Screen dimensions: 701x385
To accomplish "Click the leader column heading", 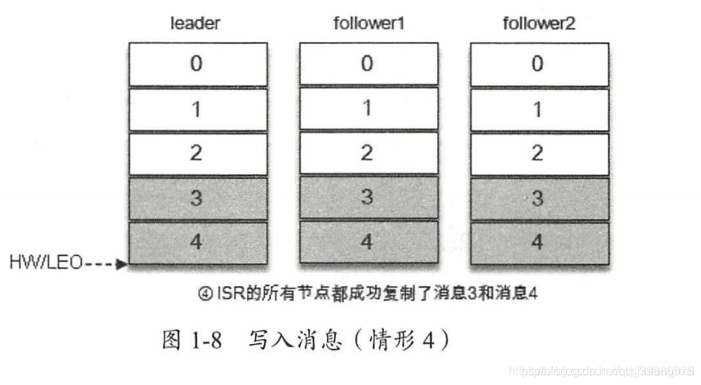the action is point(195,24).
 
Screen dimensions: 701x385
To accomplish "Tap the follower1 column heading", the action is point(367,24).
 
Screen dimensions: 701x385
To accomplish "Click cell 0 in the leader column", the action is point(196,64).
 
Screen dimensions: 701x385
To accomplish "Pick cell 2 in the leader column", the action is point(196,153).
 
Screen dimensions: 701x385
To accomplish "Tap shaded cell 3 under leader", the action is point(196,198).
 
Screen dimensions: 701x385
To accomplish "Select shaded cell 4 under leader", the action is point(196,243).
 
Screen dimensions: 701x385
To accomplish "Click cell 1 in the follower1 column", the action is point(367,109).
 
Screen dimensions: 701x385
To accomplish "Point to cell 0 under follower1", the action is point(367,64).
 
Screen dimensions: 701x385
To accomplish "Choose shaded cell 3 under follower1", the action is point(367,198).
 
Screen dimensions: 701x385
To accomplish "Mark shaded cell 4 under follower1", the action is point(367,243).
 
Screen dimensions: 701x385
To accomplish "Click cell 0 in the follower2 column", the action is point(538,64).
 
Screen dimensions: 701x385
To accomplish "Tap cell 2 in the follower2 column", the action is point(538,153).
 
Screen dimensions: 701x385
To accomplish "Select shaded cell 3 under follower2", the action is point(538,198).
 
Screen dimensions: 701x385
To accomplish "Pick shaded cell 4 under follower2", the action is point(538,243).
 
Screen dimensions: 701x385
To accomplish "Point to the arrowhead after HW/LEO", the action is point(121,266).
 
